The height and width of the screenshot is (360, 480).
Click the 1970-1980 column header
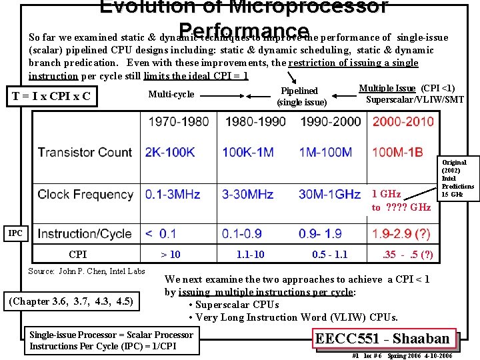(x=178, y=122)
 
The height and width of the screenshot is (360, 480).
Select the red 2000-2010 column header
(x=403, y=122)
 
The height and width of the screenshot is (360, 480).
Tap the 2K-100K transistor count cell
(x=170, y=153)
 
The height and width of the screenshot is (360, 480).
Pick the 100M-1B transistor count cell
(x=397, y=153)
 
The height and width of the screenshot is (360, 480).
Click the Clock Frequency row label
(x=85, y=195)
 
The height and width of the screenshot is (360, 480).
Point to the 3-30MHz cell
(x=248, y=195)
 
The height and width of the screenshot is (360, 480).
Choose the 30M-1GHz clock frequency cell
(x=330, y=195)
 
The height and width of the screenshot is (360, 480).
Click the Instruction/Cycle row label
(x=85, y=234)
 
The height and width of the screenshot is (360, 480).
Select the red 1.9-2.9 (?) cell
(x=401, y=234)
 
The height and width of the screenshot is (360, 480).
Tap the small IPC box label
(x=15, y=233)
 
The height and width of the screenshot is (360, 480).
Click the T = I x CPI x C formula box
(x=52, y=97)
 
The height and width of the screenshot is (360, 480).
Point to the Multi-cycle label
(x=171, y=94)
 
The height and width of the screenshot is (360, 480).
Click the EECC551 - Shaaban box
(x=386, y=338)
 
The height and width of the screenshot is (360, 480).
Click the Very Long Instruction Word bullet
(x=293, y=317)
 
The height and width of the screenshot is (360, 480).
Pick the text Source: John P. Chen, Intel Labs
(x=87, y=271)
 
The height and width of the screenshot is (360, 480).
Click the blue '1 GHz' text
(x=386, y=194)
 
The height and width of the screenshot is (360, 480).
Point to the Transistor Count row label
(x=85, y=153)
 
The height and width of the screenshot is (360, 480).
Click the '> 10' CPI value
(x=171, y=254)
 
